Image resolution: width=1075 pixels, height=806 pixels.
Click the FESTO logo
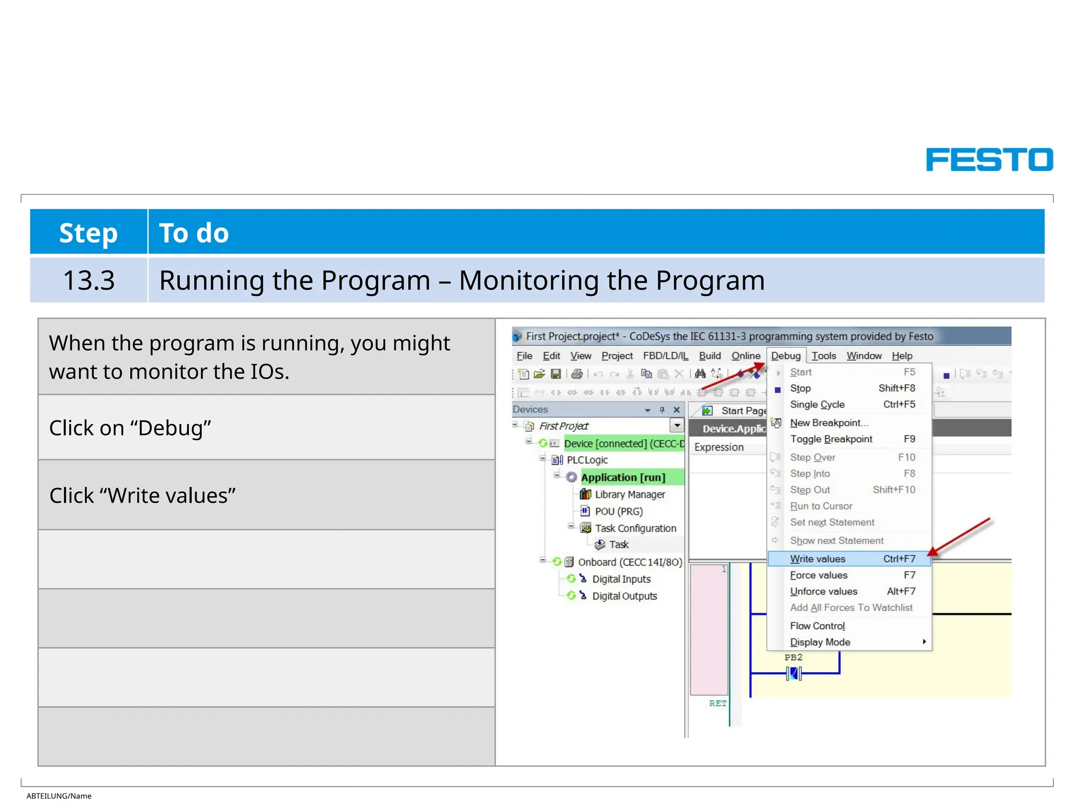(x=989, y=160)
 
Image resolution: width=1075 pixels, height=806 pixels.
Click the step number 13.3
(x=88, y=280)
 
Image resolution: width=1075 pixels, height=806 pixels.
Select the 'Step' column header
(x=88, y=232)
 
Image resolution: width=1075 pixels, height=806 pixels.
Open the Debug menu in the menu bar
(x=785, y=356)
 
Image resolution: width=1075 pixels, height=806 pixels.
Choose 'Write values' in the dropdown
(x=817, y=559)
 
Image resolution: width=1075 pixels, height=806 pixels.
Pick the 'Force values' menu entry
(x=818, y=575)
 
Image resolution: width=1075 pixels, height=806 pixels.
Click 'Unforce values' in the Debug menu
(x=823, y=591)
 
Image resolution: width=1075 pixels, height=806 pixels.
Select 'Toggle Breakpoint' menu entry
(x=831, y=439)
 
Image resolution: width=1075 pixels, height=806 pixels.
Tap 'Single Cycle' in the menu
(x=817, y=405)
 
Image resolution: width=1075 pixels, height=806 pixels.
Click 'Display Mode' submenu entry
(x=820, y=642)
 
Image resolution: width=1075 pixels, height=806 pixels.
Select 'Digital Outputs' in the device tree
(x=624, y=596)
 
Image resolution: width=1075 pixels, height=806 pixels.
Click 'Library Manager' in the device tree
(x=629, y=494)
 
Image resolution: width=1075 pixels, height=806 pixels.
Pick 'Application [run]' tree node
(x=623, y=478)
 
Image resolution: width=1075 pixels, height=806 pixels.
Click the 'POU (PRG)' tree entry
(x=618, y=511)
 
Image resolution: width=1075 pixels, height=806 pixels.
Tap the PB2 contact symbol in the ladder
(x=794, y=673)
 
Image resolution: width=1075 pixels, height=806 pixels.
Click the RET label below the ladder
(x=718, y=703)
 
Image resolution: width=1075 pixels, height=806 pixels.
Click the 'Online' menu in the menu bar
(x=745, y=356)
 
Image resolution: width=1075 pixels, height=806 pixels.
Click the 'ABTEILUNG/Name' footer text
(x=59, y=796)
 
